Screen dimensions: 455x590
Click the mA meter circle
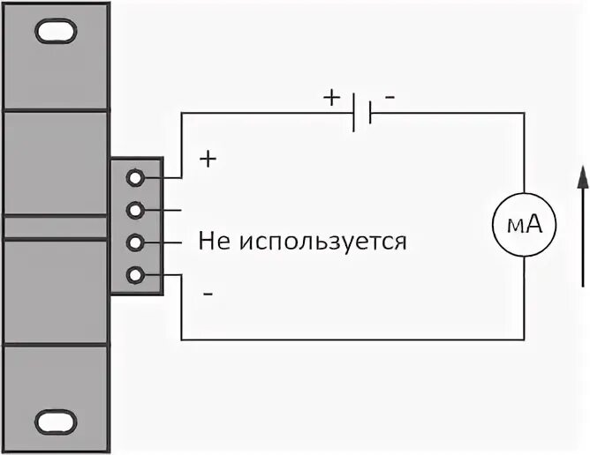pyautogui.click(x=524, y=226)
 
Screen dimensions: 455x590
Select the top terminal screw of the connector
pyautogui.click(x=135, y=177)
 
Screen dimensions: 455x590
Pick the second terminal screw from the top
pyautogui.click(x=135, y=210)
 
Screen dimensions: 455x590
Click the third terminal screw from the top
pyautogui.click(x=135, y=242)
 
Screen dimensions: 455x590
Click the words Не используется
pyautogui.click(x=302, y=241)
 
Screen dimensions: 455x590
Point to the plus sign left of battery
pyautogui.click(x=331, y=98)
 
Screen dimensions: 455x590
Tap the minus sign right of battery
pyautogui.click(x=390, y=98)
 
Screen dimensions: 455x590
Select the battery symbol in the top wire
pyautogui.click(x=362, y=114)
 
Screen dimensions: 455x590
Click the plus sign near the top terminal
pyautogui.click(x=208, y=160)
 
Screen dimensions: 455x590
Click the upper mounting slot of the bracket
pyautogui.click(x=56, y=33)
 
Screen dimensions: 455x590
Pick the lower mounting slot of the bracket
pyautogui.click(x=56, y=419)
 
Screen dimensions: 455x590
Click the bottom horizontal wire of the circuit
pyautogui.click(x=353, y=339)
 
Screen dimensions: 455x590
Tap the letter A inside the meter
pyautogui.click(x=533, y=227)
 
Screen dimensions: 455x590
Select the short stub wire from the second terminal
pyautogui.click(x=172, y=210)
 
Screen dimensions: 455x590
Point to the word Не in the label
pyautogui.click(x=214, y=241)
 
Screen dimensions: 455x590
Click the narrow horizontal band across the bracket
pyautogui.click(x=57, y=227)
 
